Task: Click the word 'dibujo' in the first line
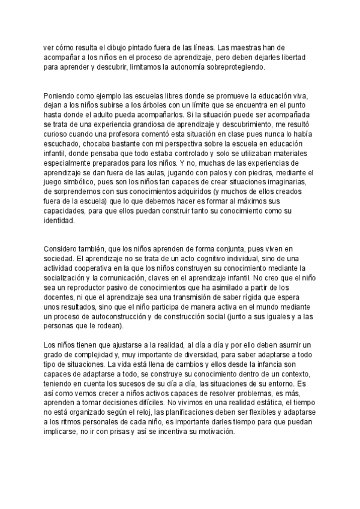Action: point(109,47)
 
